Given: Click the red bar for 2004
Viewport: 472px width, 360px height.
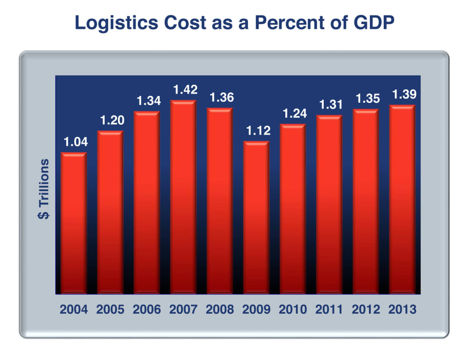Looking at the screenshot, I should coord(73,223).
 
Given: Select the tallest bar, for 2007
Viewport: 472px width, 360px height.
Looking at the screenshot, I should coord(183,198).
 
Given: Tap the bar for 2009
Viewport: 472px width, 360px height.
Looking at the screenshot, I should coord(256,218).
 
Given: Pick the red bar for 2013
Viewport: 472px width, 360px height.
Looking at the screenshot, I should coord(402,200).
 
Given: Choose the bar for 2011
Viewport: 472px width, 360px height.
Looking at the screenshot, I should coord(329,205).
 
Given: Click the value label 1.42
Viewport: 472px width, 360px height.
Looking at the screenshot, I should coord(183,90).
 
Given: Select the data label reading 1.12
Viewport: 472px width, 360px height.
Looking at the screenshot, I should coord(256,131).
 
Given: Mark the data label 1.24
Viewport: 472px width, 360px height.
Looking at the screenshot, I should coord(292,114).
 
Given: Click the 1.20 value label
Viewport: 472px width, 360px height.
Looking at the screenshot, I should coord(110,121).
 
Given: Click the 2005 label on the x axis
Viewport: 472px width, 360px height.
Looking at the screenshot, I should coord(110,310).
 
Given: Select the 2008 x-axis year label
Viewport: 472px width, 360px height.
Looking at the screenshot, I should coord(220,310).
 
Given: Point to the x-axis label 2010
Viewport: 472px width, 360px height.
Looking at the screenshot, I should coord(292,310).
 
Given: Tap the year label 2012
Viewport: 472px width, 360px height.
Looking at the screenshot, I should coord(365,310).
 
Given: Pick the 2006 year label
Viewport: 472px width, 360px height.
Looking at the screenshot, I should coord(147,310).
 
